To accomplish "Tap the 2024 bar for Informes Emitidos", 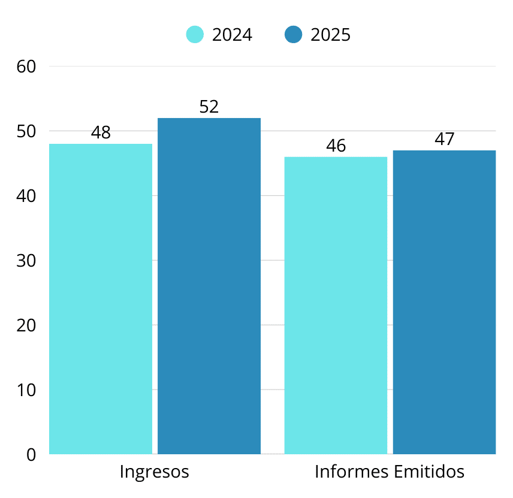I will (336, 305).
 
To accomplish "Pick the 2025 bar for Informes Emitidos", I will (444, 302).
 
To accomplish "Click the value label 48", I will (101, 133).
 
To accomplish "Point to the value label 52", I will (209, 107).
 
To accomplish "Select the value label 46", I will (336, 146).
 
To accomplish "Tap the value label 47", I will (445, 140).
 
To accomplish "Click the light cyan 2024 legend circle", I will (195, 35).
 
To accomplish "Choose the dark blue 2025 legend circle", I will (294, 35).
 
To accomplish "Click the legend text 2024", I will (232, 35).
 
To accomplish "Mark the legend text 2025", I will (330, 35).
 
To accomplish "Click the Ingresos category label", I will (155, 472).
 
